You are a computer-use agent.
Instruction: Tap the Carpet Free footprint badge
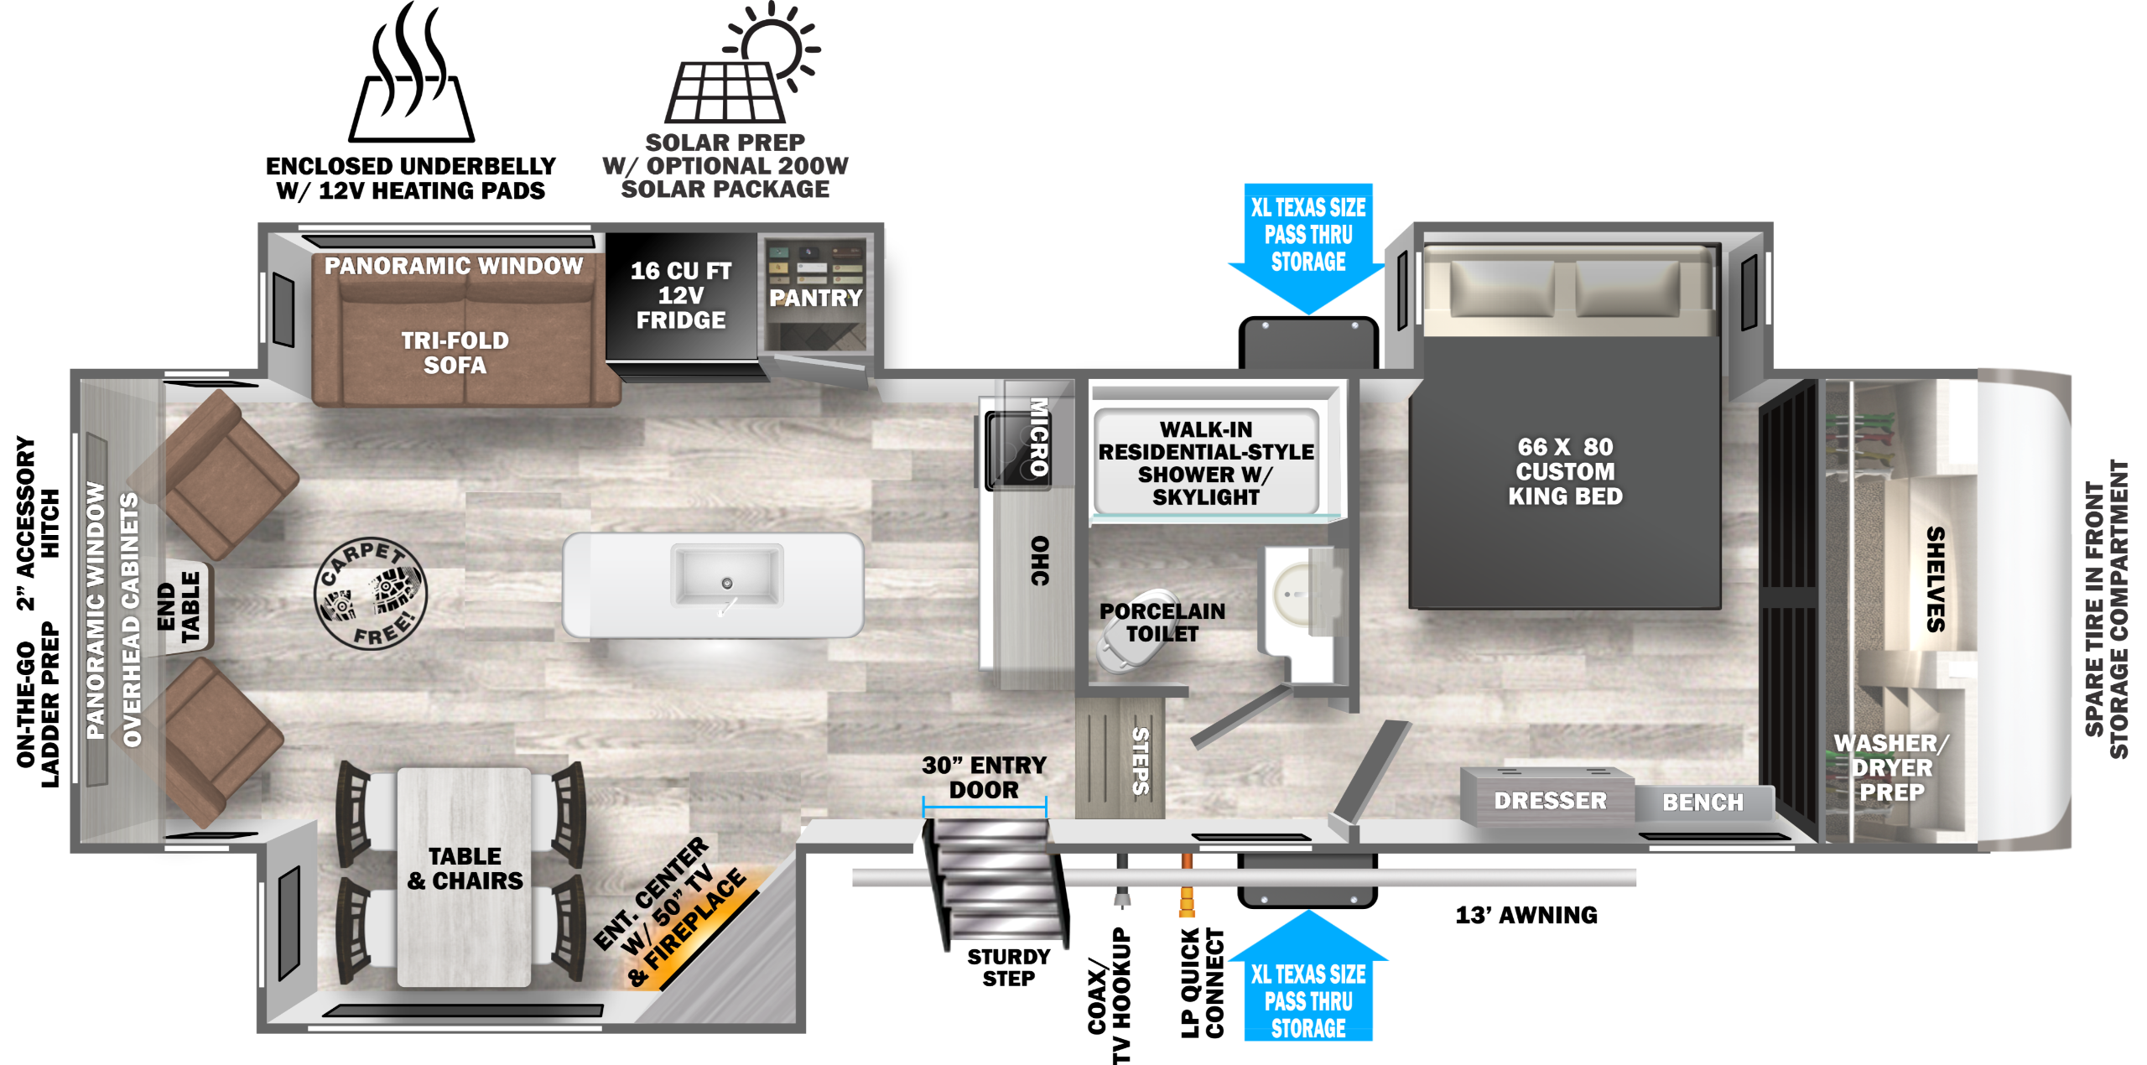(371, 593)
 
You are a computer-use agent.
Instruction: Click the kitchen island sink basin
(727, 575)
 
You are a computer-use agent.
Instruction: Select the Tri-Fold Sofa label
(455, 353)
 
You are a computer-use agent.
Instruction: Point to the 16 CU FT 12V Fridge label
(681, 295)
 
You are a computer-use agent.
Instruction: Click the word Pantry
(815, 299)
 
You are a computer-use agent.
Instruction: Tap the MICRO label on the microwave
(1038, 436)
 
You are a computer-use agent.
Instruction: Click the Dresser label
(1550, 801)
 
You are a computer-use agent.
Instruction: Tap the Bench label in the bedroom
(1703, 803)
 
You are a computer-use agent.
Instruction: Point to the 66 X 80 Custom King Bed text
(1565, 471)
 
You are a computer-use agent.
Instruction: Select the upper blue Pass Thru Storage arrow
(1308, 243)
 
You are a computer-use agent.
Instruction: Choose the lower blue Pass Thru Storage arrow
(1308, 981)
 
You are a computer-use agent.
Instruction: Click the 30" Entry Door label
(984, 777)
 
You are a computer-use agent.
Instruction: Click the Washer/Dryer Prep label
(1890, 767)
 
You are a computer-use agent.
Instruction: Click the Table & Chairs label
(465, 868)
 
